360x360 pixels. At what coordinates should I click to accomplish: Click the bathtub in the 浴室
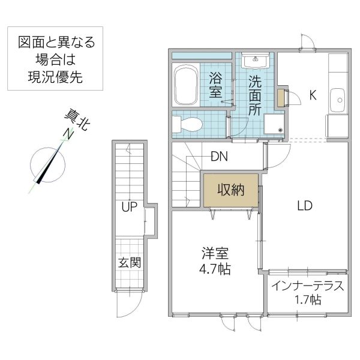[x=185, y=86]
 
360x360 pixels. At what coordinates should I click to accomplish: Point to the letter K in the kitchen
[x=313, y=94]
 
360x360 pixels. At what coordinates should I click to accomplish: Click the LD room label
[x=305, y=206]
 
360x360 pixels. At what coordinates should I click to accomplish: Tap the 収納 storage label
[x=230, y=191]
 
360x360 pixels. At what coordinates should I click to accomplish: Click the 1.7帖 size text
[x=307, y=299]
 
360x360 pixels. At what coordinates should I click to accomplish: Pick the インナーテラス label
[x=307, y=286]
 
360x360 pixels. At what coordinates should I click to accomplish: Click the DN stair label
[x=218, y=157]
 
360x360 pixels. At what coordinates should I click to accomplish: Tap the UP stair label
[x=130, y=208]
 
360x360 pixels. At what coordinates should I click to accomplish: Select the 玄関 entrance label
[x=130, y=262]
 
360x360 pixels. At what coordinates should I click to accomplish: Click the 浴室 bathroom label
[x=217, y=84]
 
